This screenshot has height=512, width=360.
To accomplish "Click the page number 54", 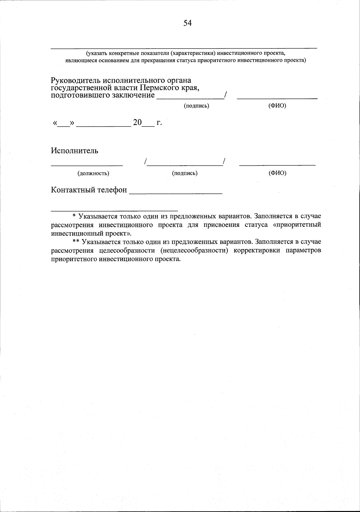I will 187,23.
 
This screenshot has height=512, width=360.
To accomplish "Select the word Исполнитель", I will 74,151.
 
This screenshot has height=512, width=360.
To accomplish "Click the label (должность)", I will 93,173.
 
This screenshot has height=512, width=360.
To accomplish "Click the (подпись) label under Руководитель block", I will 196,106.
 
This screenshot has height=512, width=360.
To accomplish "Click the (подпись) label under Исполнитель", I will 185,173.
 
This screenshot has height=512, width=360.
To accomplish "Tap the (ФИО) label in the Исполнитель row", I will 277,173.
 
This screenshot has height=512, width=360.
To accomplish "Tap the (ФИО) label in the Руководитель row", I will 277,106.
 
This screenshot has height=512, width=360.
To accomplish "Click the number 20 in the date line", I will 137,122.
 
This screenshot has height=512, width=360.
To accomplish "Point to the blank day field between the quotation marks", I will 64,125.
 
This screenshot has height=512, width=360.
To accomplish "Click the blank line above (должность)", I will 87,164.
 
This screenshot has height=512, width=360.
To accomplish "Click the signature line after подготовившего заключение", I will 190,98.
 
